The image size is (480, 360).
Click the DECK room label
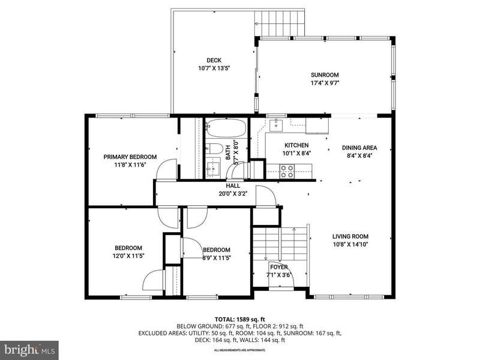pos(214,61)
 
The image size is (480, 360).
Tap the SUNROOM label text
pos(325,74)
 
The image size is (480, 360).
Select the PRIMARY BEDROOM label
pos(130,157)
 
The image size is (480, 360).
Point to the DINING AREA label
pos(359,148)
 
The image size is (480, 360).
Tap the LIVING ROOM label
pos(350,236)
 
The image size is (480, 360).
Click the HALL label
pos(233,186)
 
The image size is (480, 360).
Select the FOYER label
pos(279,267)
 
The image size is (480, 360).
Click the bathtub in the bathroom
pos(227,128)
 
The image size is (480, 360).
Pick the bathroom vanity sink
pos(212,168)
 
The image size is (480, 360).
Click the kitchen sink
pos(276,125)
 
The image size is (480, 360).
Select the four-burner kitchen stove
pos(287,172)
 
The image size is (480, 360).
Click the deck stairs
pos(280,23)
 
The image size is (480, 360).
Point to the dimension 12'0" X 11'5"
pos(128,256)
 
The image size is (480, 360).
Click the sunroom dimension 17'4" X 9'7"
pos(325,83)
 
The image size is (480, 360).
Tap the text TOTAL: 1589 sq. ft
pos(239,320)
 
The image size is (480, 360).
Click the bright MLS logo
pos(29,349)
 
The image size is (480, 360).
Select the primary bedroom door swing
pos(167,169)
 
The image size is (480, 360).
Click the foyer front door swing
pos(281,274)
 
